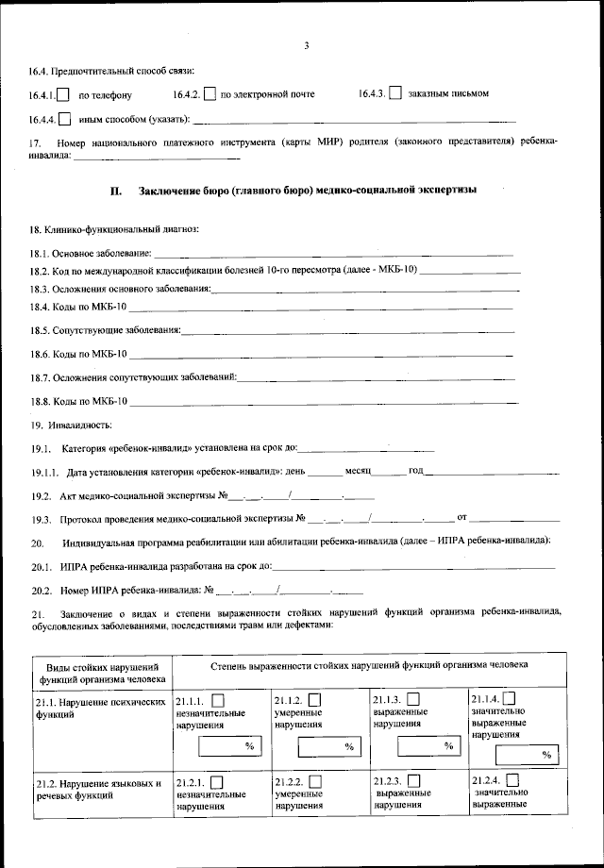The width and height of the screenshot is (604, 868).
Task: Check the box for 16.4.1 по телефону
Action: (x=64, y=94)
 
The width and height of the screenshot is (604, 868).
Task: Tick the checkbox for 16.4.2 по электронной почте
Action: (x=210, y=94)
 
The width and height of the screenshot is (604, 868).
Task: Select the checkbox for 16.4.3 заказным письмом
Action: (x=395, y=93)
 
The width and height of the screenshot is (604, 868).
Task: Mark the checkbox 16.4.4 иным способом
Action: (x=64, y=119)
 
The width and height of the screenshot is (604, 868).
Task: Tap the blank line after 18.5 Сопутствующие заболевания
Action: (x=348, y=331)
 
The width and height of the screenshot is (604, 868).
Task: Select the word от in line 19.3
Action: (x=462, y=518)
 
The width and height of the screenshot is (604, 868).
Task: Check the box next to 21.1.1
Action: (x=218, y=700)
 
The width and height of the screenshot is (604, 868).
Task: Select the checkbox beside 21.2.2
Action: (x=314, y=781)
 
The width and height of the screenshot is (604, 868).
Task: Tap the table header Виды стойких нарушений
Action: (x=103, y=671)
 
